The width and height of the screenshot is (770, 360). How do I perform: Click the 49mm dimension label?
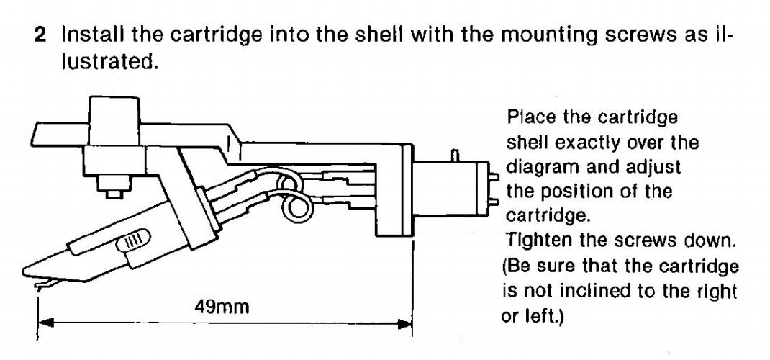[221, 308]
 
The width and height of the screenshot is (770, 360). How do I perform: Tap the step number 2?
[41, 35]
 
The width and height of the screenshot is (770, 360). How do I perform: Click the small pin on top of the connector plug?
[455, 156]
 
